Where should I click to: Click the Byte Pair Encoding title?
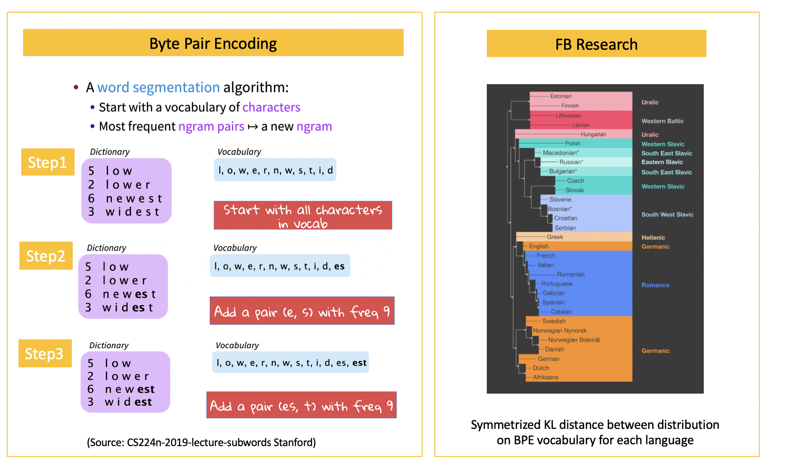pyautogui.click(x=213, y=43)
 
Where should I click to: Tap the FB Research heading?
pyautogui.click(x=596, y=44)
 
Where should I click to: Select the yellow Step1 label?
pyautogui.click(x=47, y=162)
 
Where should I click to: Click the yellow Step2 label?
pyautogui.click(x=46, y=256)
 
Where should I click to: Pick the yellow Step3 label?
pyautogui.click(x=45, y=353)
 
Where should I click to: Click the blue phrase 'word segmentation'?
pyautogui.click(x=159, y=87)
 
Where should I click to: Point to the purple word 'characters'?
pyautogui.click(x=271, y=107)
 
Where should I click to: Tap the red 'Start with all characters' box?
pyautogui.click(x=303, y=215)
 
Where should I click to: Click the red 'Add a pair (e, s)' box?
pyautogui.click(x=302, y=311)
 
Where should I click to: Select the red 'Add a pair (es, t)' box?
pyautogui.click(x=301, y=405)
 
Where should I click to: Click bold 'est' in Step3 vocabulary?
pyautogui.click(x=359, y=363)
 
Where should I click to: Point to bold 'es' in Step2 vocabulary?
pyautogui.click(x=339, y=266)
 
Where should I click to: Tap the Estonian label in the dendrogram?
pyautogui.click(x=561, y=96)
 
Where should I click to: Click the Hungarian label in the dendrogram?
pyautogui.click(x=593, y=134)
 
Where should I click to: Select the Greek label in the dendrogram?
pyautogui.click(x=555, y=237)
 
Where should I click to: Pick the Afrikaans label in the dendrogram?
pyautogui.click(x=546, y=377)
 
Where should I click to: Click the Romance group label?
pyautogui.click(x=655, y=285)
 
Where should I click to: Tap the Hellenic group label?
pyautogui.click(x=653, y=238)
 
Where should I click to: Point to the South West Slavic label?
pyautogui.click(x=668, y=214)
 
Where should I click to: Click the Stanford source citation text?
pyautogui.click(x=201, y=442)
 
